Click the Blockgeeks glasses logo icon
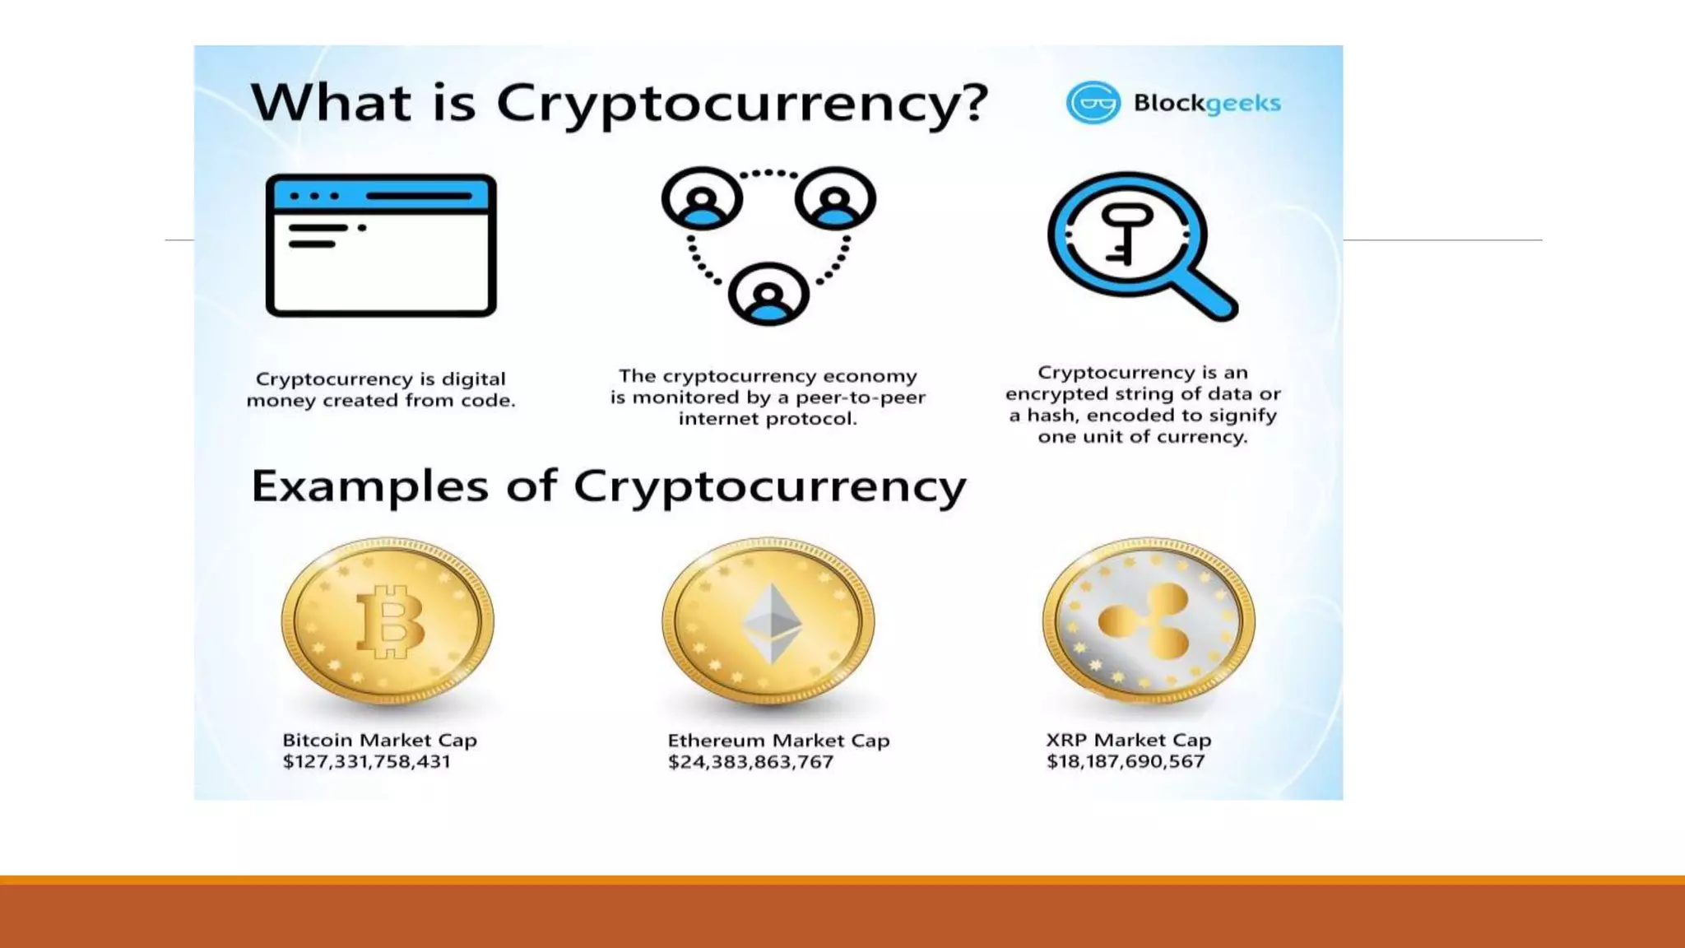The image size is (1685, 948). tap(1093, 103)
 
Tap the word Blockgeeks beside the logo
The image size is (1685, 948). tap(1206, 104)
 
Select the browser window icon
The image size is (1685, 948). tap(381, 245)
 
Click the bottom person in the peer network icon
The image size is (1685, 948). tap(768, 294)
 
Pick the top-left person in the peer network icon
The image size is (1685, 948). tap(702, 198)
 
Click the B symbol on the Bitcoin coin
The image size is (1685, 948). tap(389, 621)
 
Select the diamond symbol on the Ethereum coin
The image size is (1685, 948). tap(772, 623)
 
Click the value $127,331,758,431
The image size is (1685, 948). tap(367, 762)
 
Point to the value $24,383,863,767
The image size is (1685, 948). tap(750, 763)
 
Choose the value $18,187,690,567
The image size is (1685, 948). tap(1126, 762)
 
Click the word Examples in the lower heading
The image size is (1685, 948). tap(369, 486)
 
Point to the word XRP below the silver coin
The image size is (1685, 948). tap(1065, 740)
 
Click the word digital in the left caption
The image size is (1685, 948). tap(473, 379)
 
